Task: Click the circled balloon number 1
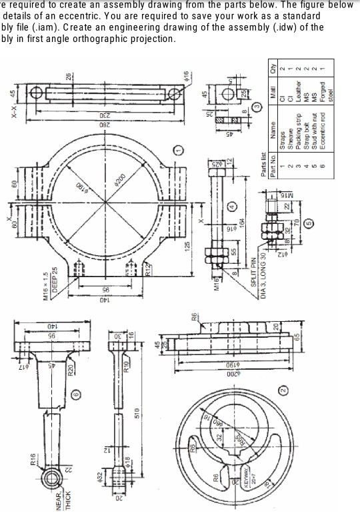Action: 178,153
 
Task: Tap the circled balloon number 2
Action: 282,389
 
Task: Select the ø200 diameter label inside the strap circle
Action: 121,181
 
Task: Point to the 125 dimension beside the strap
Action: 189,246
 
